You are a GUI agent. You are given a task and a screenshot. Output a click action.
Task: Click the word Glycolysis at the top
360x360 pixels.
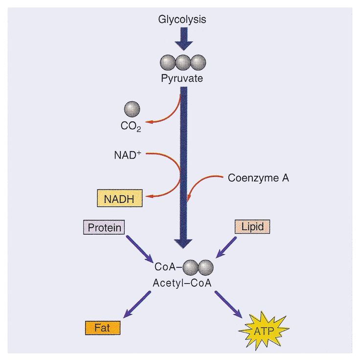tap(182, 20)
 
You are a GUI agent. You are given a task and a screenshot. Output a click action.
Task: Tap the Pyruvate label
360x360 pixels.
tap(182, 78)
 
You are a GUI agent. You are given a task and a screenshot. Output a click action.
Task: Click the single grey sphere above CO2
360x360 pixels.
tap(132, 108)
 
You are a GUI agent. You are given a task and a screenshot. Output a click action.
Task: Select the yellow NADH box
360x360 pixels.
tap(118, 199)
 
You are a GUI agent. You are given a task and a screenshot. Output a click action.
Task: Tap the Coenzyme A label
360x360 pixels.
tap(258, 178)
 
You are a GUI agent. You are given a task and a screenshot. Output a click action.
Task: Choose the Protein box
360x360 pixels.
tap(103, 227)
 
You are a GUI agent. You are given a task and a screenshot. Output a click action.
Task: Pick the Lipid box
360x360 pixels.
tap(252, 227)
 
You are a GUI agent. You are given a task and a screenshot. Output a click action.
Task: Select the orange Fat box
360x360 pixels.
tap(103, 327)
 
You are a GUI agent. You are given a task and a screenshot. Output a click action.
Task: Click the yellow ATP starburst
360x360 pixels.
tap(264, 329)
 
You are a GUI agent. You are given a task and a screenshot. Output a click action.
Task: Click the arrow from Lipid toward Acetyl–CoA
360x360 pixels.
tap(226, 247)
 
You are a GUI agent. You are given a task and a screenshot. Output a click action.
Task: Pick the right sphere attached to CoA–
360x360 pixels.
tap(205, 266)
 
